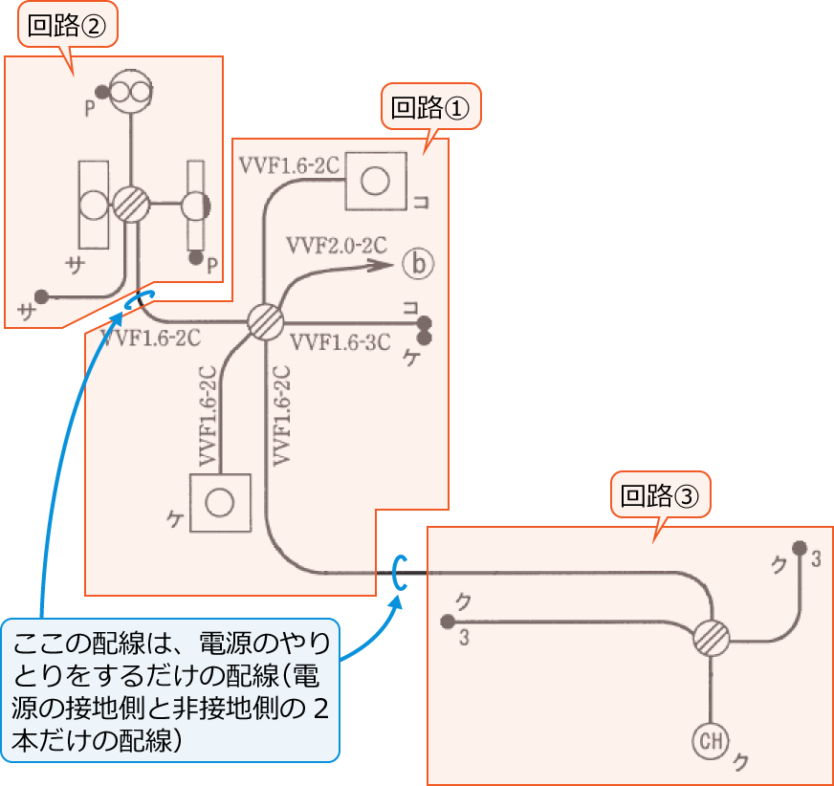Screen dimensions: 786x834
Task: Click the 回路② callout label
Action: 67,28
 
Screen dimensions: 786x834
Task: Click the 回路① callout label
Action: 430,108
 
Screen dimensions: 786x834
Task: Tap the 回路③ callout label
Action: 661,496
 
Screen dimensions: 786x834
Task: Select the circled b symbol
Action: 418,263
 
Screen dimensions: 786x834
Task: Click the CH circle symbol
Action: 711,739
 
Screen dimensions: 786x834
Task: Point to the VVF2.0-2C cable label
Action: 336,244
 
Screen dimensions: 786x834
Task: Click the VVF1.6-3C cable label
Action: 340,342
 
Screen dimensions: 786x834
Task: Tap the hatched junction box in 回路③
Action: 711,636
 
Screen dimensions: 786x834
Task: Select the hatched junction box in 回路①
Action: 265,320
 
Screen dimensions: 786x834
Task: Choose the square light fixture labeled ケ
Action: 220,503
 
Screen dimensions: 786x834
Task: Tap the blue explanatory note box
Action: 170,689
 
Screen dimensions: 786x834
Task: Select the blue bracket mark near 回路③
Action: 400,573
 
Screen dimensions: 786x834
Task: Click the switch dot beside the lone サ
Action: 41,295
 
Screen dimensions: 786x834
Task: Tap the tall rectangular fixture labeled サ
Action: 94,205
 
